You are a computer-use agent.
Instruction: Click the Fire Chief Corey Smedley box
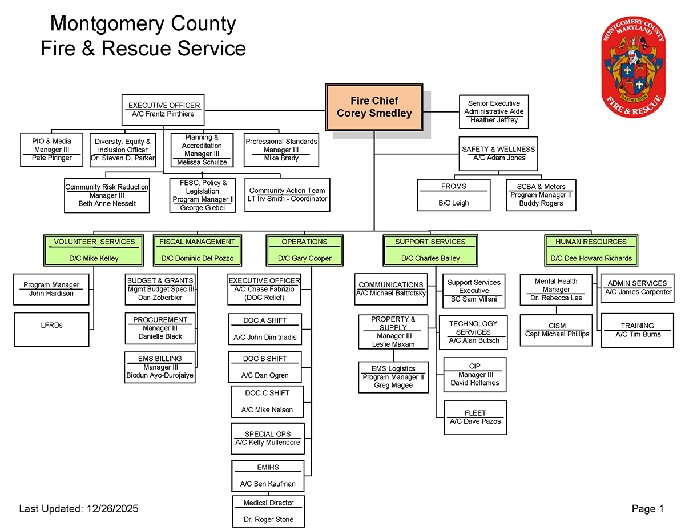pyautogui.click(x=374, y=107)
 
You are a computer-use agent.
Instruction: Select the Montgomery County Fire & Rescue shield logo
pyautogui.click(x=634, y=64)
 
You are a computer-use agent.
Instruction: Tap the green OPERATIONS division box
pyautogui.click(x=304, y=250)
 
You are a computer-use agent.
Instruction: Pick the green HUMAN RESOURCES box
pyautogui.click(x=591, y=250)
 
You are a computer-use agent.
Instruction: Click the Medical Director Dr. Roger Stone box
pyautogui.click(x=269, y=511)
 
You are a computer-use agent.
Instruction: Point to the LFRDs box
pyautogui.click(x=51, y=330)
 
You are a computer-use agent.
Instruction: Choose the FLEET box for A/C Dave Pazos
pyautogui.click(x=475, y=417)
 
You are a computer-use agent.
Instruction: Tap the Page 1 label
pyautogui.click(x=647, y=509)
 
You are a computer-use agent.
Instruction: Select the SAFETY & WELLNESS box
pyautogui.click(x=499, y=154)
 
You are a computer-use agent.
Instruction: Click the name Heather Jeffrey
pyautogui.click(x=494, y=121)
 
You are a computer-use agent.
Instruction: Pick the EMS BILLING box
pyautogui.click(x=160, y=367)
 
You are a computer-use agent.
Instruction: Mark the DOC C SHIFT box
pyautogui.click(x=267, y=401)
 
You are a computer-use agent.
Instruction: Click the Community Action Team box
pyautogui.click(x=287, y=195)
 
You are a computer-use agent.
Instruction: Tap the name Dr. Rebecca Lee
pyautogui.click(x=556, y=298)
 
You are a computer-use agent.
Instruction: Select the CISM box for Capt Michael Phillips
pyautogui.click(x=557, y=330)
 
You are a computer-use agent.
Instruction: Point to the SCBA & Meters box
pyautogui.click(x=541, y=195)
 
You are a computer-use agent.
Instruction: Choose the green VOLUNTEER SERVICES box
pyautogui.click(x=94, y=250)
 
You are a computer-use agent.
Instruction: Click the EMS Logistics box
pyautogui.click(x=393, y=377)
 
